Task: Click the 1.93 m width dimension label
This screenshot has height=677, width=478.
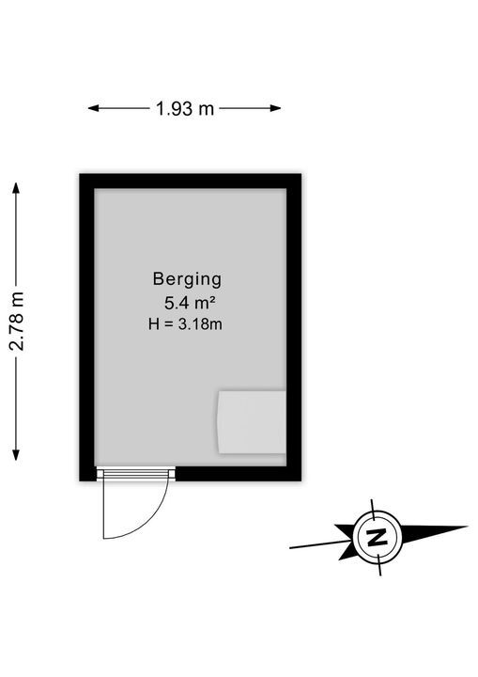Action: click(x=185, y=108)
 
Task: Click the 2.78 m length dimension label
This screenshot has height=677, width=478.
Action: click(x=17, y=321)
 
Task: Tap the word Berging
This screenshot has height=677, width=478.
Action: click(x=187, y=280)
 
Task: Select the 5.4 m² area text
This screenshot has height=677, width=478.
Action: click(x=190, y=303)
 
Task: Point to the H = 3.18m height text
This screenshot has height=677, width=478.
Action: click(x=185, y=323)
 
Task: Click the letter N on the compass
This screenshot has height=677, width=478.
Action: click(x=378, y=537)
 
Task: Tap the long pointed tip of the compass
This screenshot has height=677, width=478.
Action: click(x=468, y=527)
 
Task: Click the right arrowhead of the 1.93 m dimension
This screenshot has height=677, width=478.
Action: click(x=276, y=108)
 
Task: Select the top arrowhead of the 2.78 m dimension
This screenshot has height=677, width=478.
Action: click(x=16, y=188)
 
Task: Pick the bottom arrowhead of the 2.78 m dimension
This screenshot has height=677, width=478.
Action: click(x=16, y=455)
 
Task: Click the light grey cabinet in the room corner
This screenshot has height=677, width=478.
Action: click(x=252, y=422)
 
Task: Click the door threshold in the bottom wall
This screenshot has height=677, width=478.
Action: click(x=135, y=474)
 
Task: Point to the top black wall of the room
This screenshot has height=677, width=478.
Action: click(x=191, y=181)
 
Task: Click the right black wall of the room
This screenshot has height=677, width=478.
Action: click(x=294, y=327)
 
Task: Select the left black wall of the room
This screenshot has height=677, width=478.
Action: click(x=86, y=327)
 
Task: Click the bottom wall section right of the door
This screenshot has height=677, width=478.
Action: click(x=239, y=474)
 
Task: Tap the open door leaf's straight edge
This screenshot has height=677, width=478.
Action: click(x=103, y=510)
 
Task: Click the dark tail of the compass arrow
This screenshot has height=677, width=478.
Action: click(x=346, y=542)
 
